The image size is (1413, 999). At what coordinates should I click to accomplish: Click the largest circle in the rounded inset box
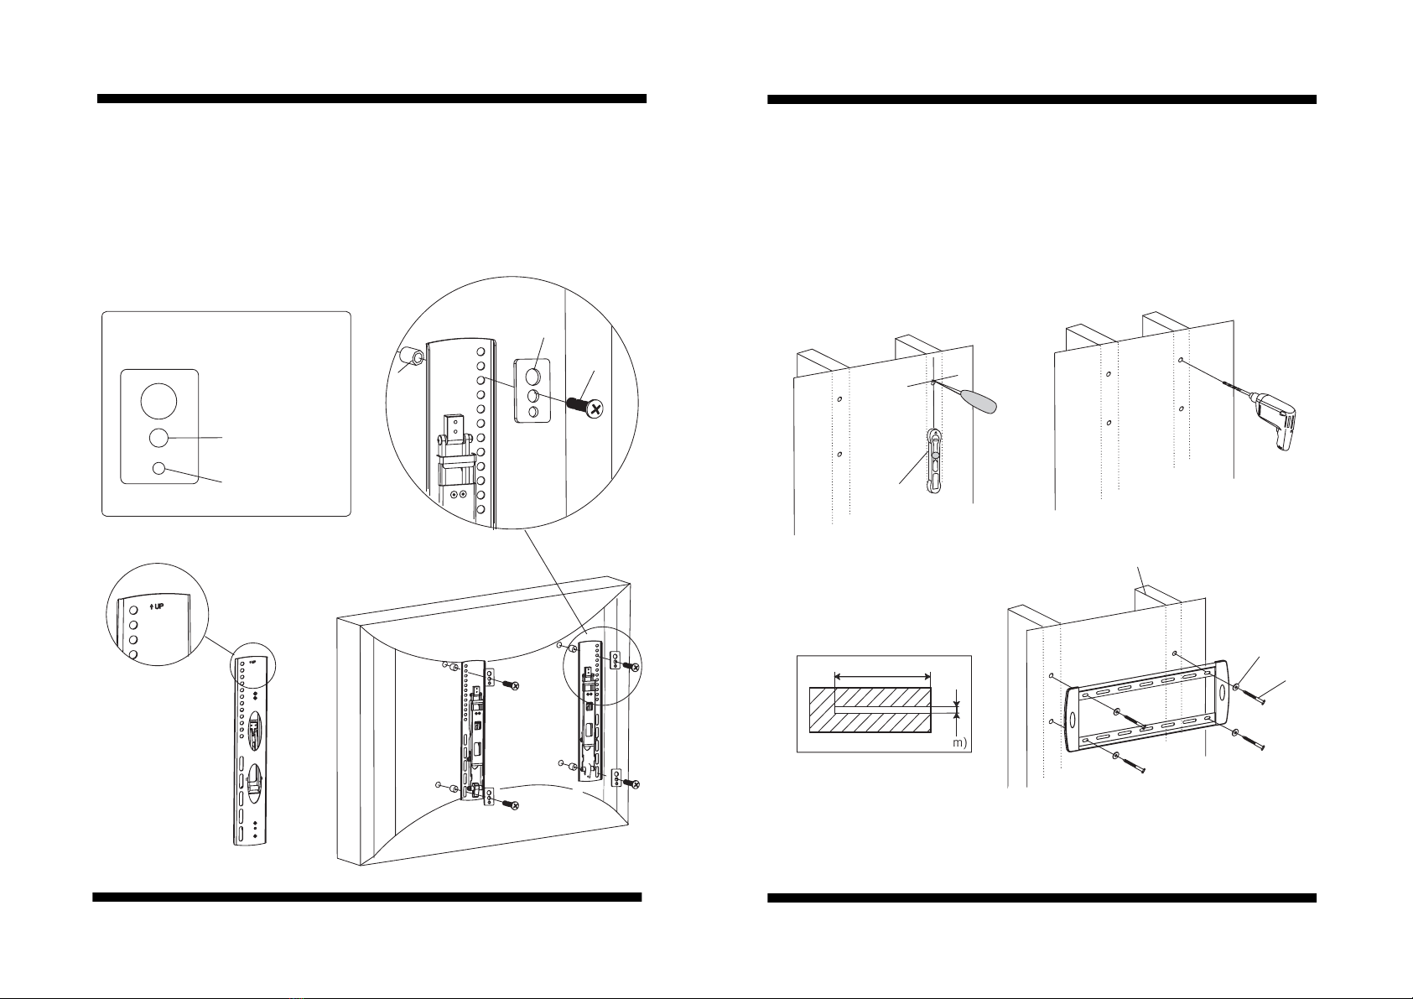pyautogui.click(x=159, y=401)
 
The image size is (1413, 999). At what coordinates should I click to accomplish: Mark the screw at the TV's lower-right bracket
pyautogui.click(x=634, y=783)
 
